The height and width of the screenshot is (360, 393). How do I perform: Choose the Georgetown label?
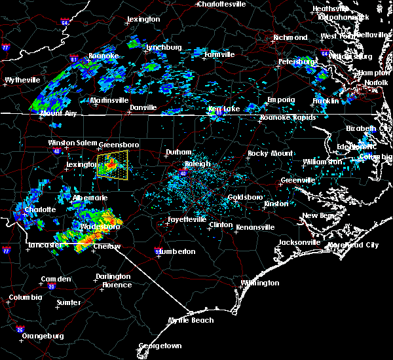(x=159, y=346)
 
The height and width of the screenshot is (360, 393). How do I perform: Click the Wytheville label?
(x=22, y=80)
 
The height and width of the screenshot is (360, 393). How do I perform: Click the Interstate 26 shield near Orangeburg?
(x=20, y=329)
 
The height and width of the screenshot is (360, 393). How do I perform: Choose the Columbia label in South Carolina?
(x=26, y=298)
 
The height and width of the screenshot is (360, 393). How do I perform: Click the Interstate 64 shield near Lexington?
(x=65, y=23)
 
